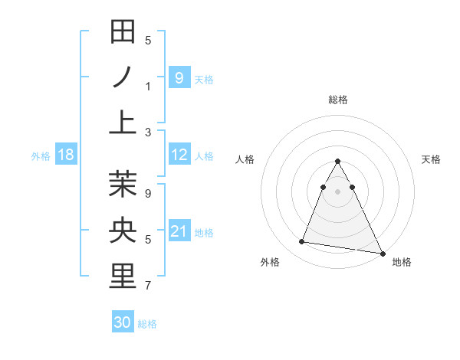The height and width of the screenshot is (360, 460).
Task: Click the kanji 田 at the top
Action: pyautogui.click(x=123, y=32)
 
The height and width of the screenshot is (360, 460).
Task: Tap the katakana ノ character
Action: pyautogui.click(x=123, y=77)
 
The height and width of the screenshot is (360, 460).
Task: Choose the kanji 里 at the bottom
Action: pyautogui.click(x=123, y=277)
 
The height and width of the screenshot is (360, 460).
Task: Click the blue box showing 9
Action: pyautogui.click(x=179, y=77)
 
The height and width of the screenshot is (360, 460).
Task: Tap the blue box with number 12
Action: pyautogui.click(x=179, y=155)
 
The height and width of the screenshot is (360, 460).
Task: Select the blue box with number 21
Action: pyautogui.click(x=179, y=231)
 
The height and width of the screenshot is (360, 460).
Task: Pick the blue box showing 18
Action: pyautogui.click(x=66, y=155)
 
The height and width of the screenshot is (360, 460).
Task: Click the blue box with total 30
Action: pyautogui.click(x=123, y=323)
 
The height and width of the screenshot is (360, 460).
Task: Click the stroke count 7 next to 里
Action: pyautogui.click(x=148, y=286)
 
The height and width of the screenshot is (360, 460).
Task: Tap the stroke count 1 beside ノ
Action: pyautogui.click(x=148, y=86)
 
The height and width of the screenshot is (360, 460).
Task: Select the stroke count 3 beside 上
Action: pyautogui.click(x=148, y=132)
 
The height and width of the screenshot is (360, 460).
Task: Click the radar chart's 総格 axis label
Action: pyautogui.click(x=338, y=100)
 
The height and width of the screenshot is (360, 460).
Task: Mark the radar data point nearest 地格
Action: pyautogui.click(x=382, y=254)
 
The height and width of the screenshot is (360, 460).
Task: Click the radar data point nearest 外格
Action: pyautogui.click(x=302, y=242)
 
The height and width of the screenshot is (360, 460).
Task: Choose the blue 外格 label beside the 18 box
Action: pyautogui.click(x=41, y=156)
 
